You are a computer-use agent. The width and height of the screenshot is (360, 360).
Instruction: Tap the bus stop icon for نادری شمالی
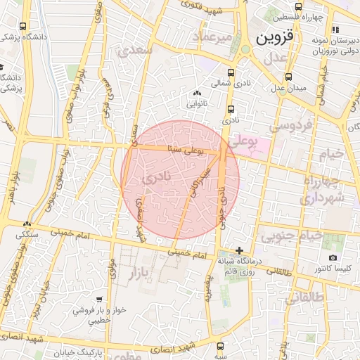click(x=231, y=72)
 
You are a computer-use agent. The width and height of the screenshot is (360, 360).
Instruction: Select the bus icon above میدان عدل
click(x=288, y=77)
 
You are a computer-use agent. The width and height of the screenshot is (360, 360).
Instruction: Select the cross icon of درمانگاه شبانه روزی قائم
click(x=240, y=250)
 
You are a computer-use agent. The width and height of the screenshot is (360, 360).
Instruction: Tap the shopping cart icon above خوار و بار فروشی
click(x=99, y=298)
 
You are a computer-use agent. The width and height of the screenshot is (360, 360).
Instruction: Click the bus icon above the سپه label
click(x=221, y=346)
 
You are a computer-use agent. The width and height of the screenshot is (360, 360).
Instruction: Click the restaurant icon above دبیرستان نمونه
click(x=335, y=30)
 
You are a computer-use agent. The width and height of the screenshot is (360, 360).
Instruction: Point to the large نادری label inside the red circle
click(x=156, y=179)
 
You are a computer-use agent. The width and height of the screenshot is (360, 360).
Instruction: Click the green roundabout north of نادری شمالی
click(x=245, y=49)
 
